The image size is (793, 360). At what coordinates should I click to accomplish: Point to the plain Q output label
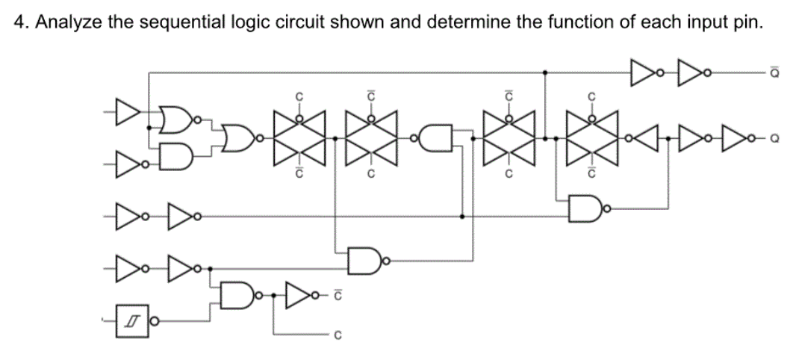point(777,137)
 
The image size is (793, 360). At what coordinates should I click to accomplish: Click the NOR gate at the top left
point(177,120)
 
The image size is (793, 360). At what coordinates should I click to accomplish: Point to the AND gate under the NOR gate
point(177,155)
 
